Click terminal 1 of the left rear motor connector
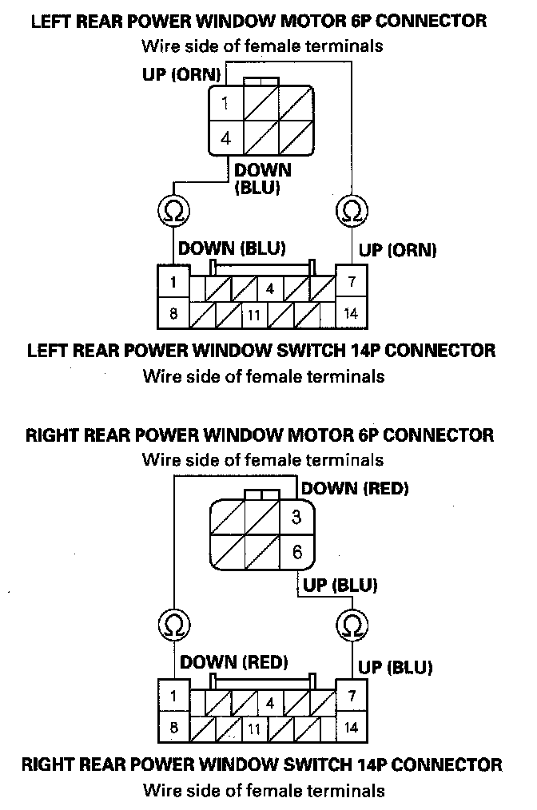226,103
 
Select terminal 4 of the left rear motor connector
226,137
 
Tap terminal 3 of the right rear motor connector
296,517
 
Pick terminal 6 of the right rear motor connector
296,551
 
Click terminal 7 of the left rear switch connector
351,282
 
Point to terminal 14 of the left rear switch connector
351,313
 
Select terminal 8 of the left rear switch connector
173,313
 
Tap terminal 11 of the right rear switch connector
253,728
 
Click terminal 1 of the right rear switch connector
173,696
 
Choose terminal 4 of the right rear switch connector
271,704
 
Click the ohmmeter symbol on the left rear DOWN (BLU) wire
173,210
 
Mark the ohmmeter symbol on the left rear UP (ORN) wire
351,210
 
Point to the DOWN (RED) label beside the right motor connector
355,488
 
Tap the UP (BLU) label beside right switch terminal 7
396,666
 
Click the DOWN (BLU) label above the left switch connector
232,248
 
